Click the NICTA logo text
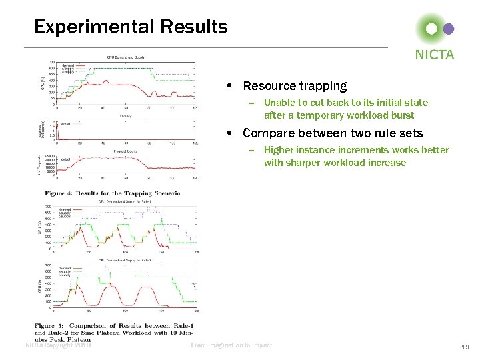(434, 54)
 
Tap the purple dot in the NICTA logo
(449, 29)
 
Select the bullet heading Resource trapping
(295, 86)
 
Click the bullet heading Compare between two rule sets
(333, 133)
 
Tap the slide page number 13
(465, 346)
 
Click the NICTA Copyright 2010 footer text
(57, 345)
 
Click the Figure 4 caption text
(112, 193)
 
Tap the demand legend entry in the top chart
(68, 65)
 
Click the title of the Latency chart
(125, 116)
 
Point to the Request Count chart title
(125, 151)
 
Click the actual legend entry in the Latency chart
(66, 124)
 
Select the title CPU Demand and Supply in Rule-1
(125, 201)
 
